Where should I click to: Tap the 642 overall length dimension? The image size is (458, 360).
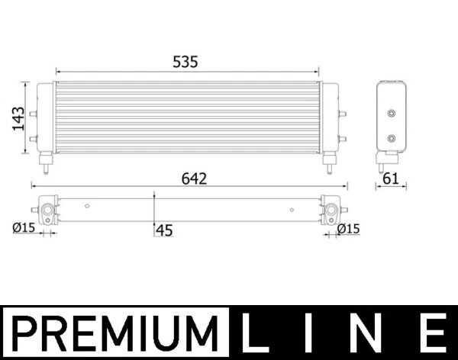(194, 178)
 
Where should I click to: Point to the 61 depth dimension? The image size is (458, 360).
(391, 178)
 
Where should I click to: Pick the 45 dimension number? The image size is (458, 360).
(164, 230)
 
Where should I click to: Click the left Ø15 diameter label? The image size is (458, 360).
(24, 227)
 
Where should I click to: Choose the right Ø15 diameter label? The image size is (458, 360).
(348, 228)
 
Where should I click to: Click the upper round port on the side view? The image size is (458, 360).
(392, 114)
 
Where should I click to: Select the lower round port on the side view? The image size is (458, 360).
(392, 139)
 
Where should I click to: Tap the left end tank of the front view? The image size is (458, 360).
(45, 118)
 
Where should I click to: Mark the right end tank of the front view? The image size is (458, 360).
(331, 118)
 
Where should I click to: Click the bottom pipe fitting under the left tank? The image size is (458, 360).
(47, 162)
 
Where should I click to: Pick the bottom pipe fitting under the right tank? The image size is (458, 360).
(330, 162)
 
